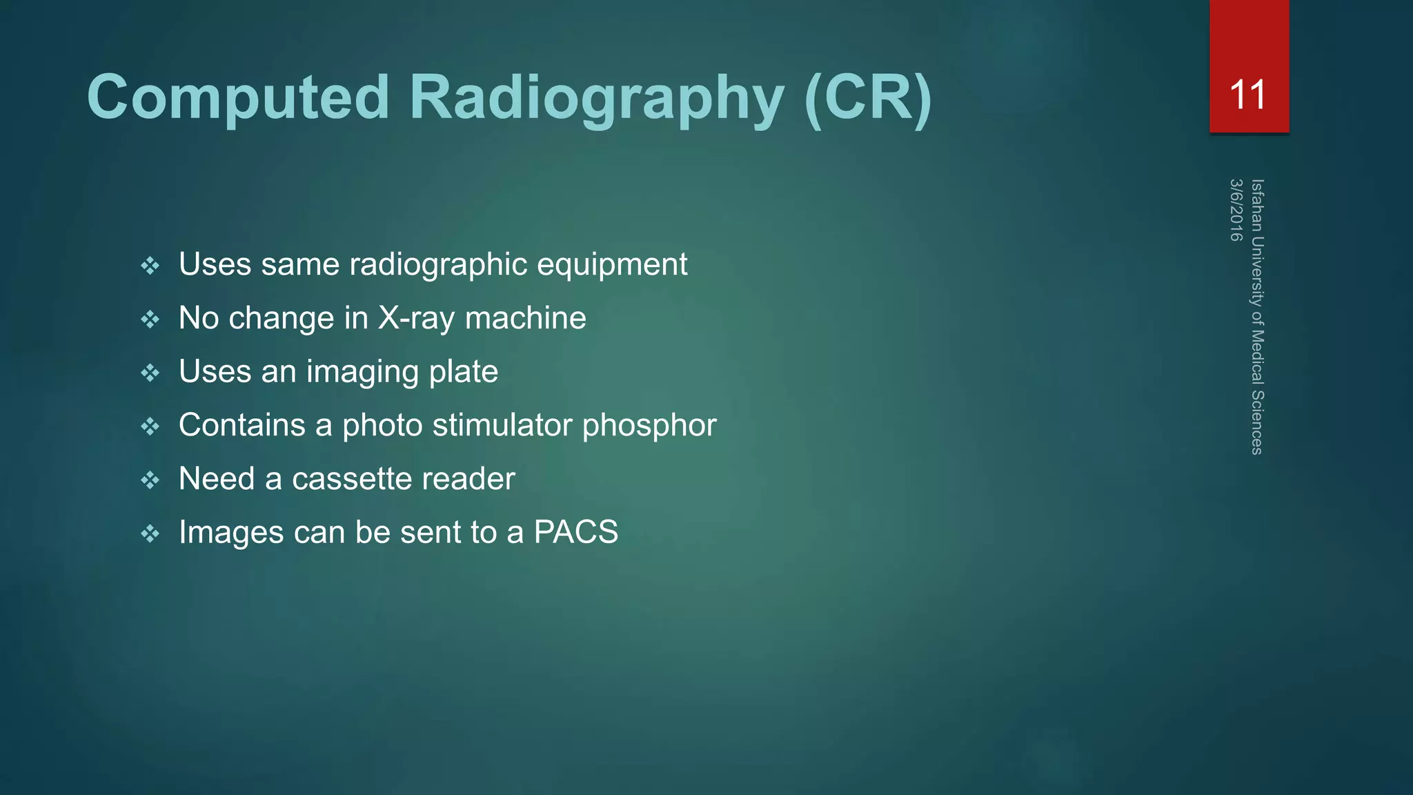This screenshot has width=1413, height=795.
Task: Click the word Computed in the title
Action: click(x=238, y=97)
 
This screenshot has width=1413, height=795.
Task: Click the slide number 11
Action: click(x=1248, y=95)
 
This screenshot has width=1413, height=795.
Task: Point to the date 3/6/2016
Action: click(x=1236, y=210)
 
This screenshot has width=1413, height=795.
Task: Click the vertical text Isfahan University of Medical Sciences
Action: click(x=1257, y=317)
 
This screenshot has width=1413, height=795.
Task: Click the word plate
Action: click(x=463, y=372)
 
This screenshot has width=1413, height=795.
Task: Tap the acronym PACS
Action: click(x=576, y=532)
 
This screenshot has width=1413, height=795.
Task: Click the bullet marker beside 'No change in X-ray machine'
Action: click(x=150, y=319)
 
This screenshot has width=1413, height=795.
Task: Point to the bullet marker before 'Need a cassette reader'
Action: click(x=150, y=480)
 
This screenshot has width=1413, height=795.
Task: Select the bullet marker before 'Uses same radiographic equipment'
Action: click(x=150, y=266)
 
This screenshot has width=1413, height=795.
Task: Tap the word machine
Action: click(x=525, y=319)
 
